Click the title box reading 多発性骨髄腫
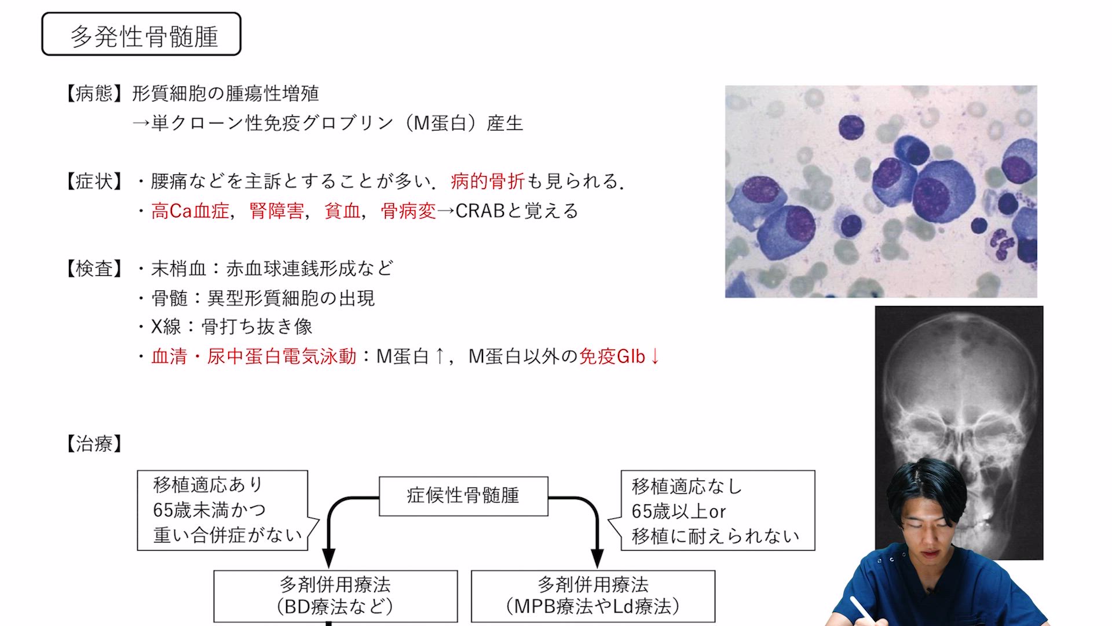tap(141, 34)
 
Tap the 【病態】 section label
tap(94, 94)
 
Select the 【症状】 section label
tap(94, 181)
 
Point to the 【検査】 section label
tap(94, 269)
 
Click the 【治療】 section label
tap(94, 444)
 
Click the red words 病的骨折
tap(488, 181)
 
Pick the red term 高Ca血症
tap(190, 211)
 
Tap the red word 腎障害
tap(276, 211)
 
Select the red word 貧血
tap(342, 211)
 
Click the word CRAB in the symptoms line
tap(480, 211)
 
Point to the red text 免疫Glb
tap(612, 356)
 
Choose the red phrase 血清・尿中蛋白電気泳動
tap(254, 356)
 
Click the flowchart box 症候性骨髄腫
tap(463, 496)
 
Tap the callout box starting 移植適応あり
tap(222, 510)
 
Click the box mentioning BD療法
tap(335, 596)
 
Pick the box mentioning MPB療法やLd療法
tap(593, 596)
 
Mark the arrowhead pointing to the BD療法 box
tap(328, 559)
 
